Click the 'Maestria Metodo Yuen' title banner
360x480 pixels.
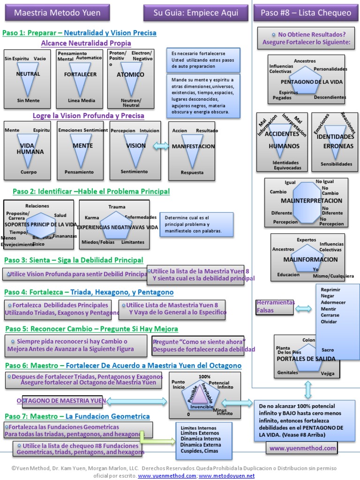(57, 13)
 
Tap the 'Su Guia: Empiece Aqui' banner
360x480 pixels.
(195, 13)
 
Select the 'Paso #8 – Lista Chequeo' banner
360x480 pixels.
(306, 13)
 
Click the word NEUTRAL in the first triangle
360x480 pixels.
(28, 74)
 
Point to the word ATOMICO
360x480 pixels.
(130, 75)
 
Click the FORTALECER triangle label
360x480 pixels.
(80, 75)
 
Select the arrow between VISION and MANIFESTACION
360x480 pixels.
(161, 146)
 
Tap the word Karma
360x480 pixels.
(92, 217)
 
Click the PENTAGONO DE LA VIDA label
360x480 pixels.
(312, 82)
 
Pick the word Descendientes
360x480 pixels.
(330, 97)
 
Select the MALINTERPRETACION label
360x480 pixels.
(311, 201)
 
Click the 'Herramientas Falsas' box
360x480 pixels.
(275, 307)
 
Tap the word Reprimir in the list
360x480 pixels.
(330, 289)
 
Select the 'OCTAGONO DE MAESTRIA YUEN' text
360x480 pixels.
(61, 401)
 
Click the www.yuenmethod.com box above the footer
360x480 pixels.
(302, 448)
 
